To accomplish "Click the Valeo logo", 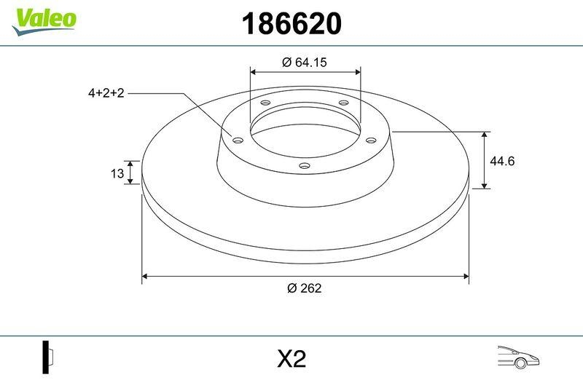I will pos(44,19).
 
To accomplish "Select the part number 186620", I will pos(291,25).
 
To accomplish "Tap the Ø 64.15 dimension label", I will pos(304,63).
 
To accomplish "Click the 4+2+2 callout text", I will pos(106,93).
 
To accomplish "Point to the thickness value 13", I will pos(116,173).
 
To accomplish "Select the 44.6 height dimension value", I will pos(502,161).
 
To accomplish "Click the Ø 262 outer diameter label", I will pos(305,288).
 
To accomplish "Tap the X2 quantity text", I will pos(291,359).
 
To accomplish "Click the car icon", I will pos(517,357).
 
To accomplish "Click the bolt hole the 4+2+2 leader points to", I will pos(237,140).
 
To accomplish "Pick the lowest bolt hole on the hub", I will pos(305,167).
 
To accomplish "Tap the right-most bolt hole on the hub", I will pos(369,140).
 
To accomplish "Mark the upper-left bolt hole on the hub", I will pos(265,104).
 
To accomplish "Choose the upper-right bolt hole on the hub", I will pos(343,104).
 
